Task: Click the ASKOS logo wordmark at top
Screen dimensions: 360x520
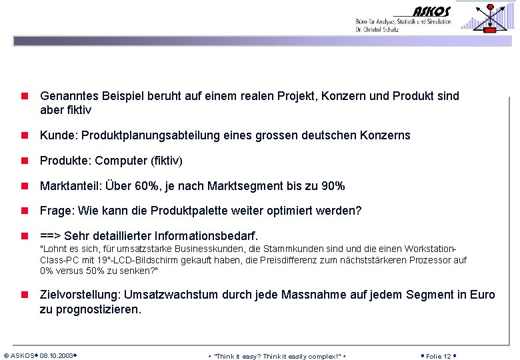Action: coord(431,11)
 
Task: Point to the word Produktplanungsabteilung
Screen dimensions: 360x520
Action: coord(148,135)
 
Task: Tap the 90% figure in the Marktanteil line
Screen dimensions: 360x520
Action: coord(333,186)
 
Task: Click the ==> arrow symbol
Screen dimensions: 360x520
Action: coord(51,236)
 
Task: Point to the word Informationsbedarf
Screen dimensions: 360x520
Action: coord(206,236)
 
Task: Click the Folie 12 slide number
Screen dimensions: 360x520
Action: coord(438,355)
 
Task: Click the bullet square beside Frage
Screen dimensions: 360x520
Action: coord(24,211)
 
